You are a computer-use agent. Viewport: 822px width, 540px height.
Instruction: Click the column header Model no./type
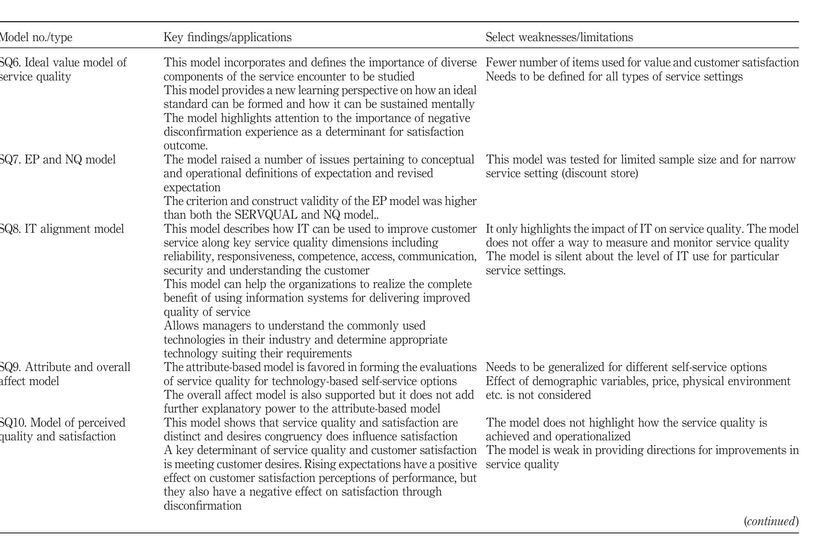click(36, 37)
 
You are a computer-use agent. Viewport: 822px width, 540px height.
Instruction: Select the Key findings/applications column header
click(228, 37)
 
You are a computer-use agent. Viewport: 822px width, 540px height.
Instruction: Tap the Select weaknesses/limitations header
click(559, 37)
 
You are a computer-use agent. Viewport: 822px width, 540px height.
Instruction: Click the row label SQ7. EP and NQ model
click(57, 160)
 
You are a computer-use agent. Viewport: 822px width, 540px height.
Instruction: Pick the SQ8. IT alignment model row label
click(62, 229)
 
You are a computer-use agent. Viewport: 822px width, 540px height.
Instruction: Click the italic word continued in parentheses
click(771, 521)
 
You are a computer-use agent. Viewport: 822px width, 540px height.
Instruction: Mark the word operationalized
click(594, 437)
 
